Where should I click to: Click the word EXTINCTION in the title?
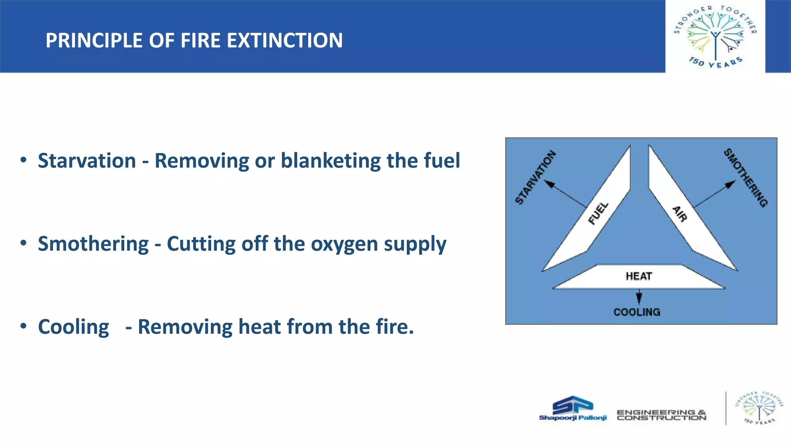(x=284, y=41)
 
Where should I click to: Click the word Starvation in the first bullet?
(x=87, y=161)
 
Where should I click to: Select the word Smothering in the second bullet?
(x=93, y=244)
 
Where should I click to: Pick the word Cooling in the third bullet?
(x=73, y=327)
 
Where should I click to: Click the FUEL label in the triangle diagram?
(x=598, y=213)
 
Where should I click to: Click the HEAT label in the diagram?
(x=639, y=277)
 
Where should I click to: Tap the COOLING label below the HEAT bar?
(x=637, y=312)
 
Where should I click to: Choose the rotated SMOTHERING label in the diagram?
(x=746, y=178)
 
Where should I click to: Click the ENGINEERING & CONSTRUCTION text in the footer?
(x=661, y=415)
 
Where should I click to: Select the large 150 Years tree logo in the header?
(x=715, y=36)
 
